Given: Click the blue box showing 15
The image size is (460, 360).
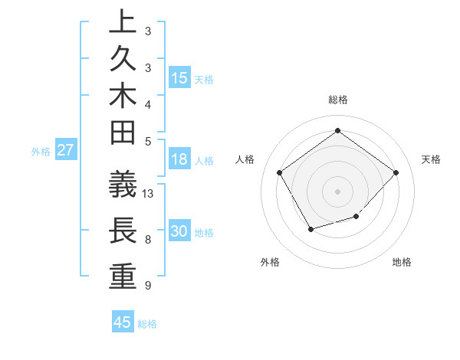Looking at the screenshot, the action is (x=179, y=78).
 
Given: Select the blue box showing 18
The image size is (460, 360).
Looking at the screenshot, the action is (x=179, y=159).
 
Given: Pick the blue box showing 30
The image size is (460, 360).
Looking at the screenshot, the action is (x=179, y=232).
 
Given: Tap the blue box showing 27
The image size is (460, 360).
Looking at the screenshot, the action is (x=65, y=151).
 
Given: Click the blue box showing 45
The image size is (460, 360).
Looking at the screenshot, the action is (x=123, y=322).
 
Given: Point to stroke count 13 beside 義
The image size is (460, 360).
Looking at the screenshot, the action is (x=148, y=194).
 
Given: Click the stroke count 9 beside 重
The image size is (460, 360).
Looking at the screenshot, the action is (x=147, y=286).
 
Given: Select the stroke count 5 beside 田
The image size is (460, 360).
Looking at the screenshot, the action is (x=147, y=141).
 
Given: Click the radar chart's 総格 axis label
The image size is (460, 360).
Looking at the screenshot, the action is (x=338, y=100).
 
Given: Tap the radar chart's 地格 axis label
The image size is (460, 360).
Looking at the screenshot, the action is (x=402, y=262).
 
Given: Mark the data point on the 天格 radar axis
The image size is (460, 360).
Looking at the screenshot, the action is (x=396, y=172).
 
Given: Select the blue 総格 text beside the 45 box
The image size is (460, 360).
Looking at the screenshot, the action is (x=147, y=324).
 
